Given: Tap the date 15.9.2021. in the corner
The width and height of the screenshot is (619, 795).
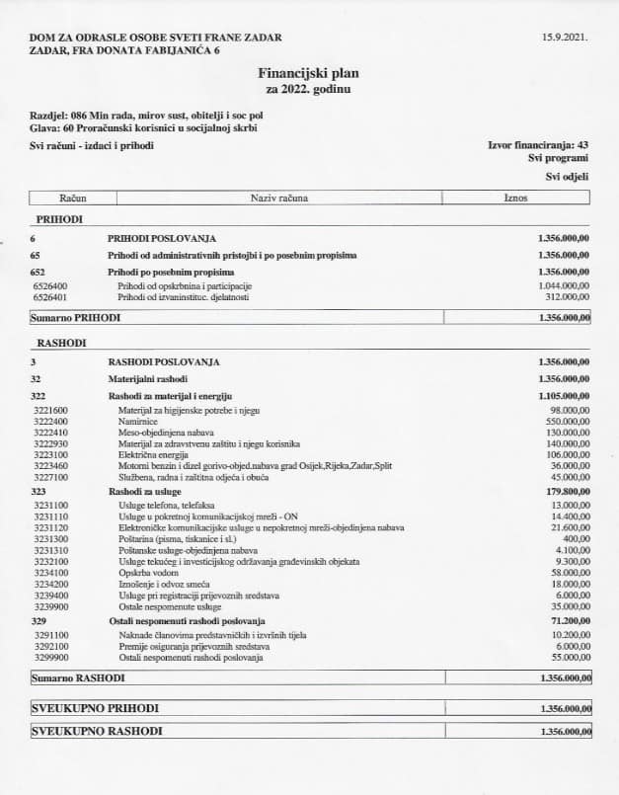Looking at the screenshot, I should tap(565, 37).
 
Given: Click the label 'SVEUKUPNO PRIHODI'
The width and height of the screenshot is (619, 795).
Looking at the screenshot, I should tap(95, 709).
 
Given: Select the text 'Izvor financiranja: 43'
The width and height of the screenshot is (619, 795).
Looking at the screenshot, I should tap(538, 145).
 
